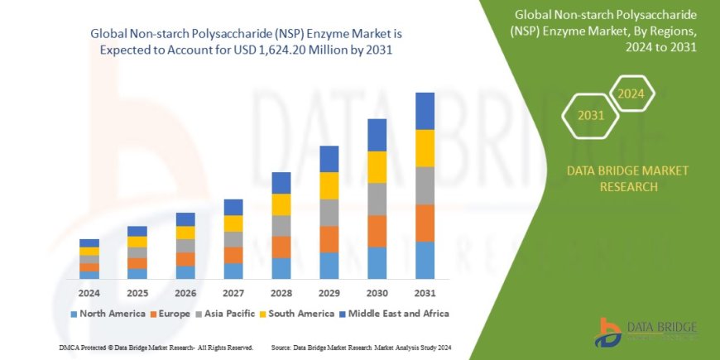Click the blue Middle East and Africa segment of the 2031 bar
tap(425, 111)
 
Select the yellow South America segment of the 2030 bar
tap(377, 167)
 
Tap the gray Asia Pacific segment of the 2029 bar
tap(329, 213)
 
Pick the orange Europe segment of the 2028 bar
tap(281, 247)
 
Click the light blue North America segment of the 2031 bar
tap(425, 260)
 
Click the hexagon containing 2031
tap(591, 115)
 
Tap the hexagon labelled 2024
tap(631, 93)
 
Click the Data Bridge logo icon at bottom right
tap(608, 331)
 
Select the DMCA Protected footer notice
tap(156, 348)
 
